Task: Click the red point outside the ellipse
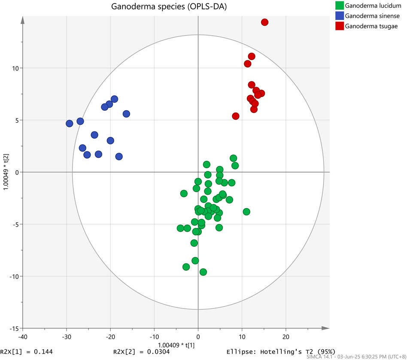tap(264, 22)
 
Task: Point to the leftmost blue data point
tap(70, 124)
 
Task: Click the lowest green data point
tap(203, 272)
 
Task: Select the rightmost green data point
tap(246, 212)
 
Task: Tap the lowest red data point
tap(236, 116)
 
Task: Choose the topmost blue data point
tap(114, 99)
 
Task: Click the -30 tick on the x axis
tap(66, 337)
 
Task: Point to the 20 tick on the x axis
tap(286, 337)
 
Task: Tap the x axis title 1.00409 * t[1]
tap(176, 344)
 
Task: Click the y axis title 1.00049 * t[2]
tap(6, 172)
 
